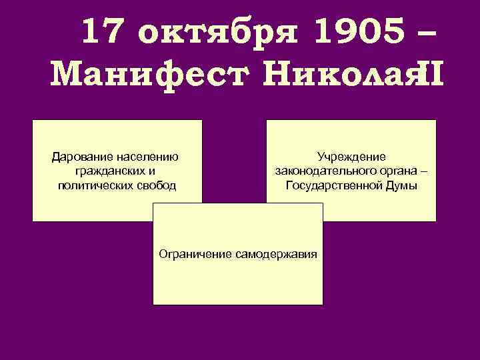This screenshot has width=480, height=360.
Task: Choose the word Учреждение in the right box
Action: coord(351,158)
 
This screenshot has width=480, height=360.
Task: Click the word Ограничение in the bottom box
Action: coord(195,254)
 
